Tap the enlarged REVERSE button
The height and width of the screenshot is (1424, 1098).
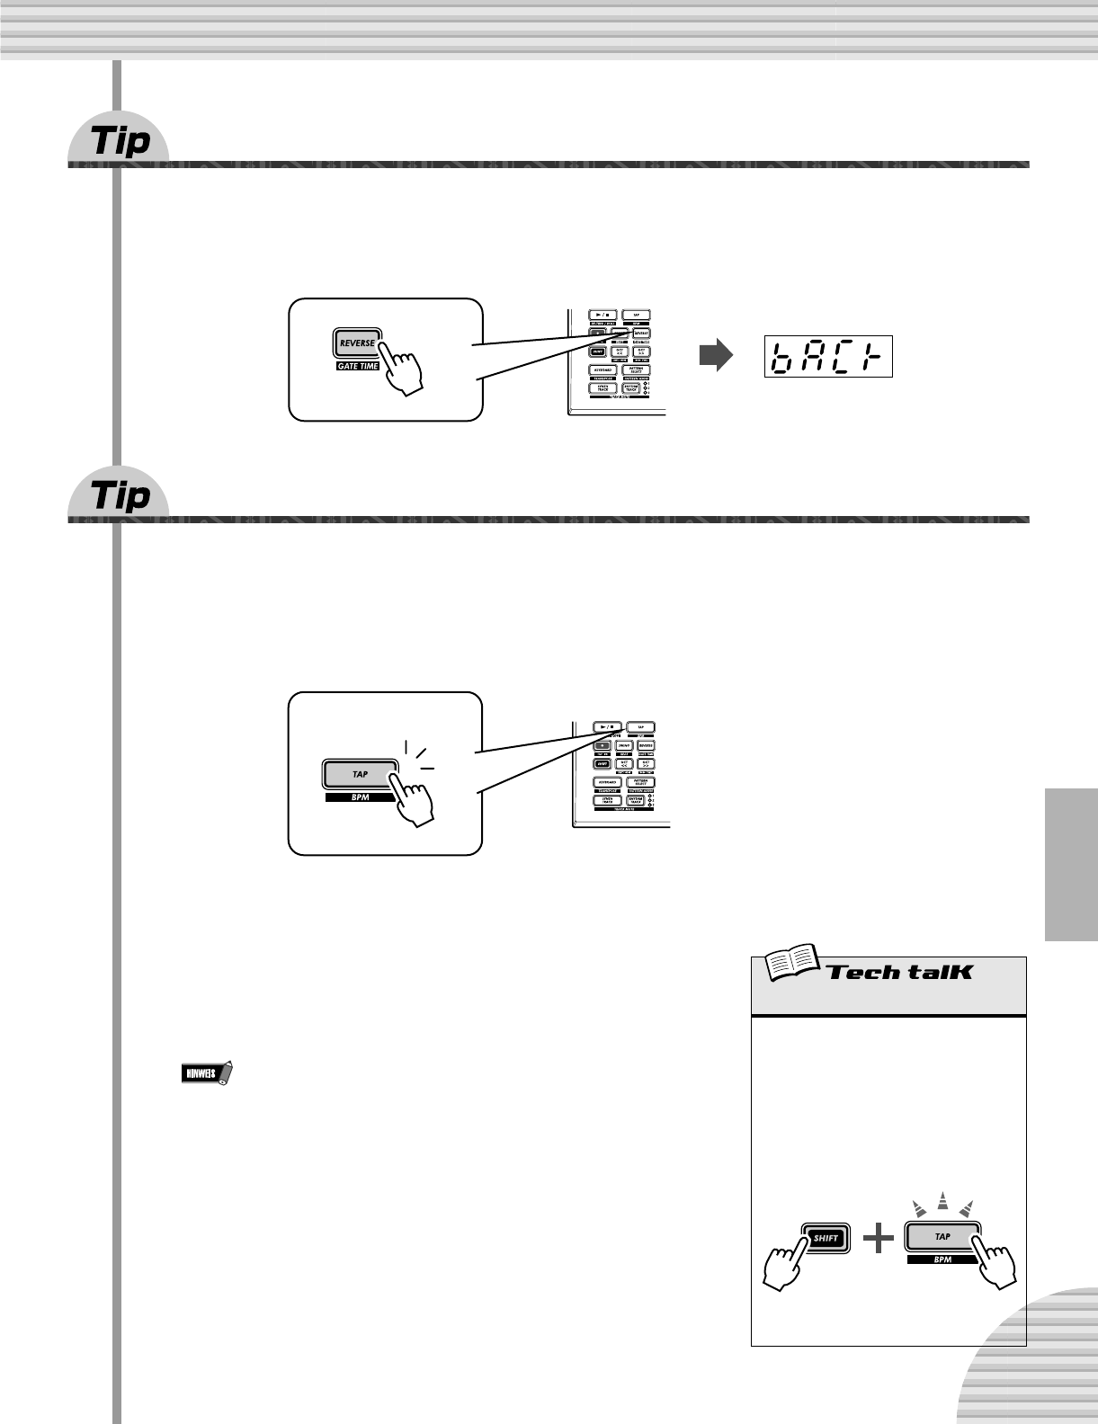click(x=357, y=343)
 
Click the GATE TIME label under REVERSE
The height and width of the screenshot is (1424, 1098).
click(x=358, y=366)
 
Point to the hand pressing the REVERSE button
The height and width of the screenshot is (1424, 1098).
click(x=404, y=370)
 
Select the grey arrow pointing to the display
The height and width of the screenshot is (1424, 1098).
click(x=716, y=357)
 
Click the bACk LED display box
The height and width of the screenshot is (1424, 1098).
click(x=828, y=357)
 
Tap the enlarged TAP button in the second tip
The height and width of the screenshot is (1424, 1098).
click(x=360, y=774)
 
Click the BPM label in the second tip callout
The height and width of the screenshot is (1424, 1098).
click(x=360, y=797)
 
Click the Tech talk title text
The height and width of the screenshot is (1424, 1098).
click(x=900, y=972)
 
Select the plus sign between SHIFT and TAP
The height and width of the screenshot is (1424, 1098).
click(x=878, y=1239)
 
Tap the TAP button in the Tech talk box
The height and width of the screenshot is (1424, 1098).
click(x=942, y=1237)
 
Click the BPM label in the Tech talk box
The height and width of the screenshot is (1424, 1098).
click(x=942, y=1259)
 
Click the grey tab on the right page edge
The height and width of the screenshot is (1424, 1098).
click(x=1071, y=864)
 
